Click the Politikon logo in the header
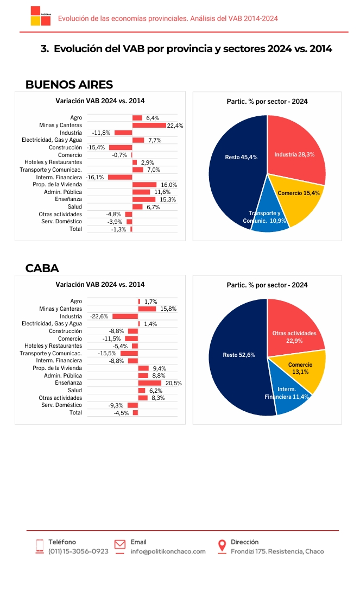[41, 16]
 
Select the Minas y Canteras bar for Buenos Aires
[149, 125]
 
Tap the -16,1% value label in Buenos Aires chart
[95, 177]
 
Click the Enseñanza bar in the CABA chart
[150, 383]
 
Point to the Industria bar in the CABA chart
[125, 316]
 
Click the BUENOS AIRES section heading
[69, 85]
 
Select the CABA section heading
[42, 268]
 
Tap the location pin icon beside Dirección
[222, 547]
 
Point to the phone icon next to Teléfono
[40, 547]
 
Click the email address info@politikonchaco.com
[168, 551]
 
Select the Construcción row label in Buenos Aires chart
[66, 148]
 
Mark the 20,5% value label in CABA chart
[173, 383]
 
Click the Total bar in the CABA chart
[135, 413]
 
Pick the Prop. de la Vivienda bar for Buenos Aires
[144, 184]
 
